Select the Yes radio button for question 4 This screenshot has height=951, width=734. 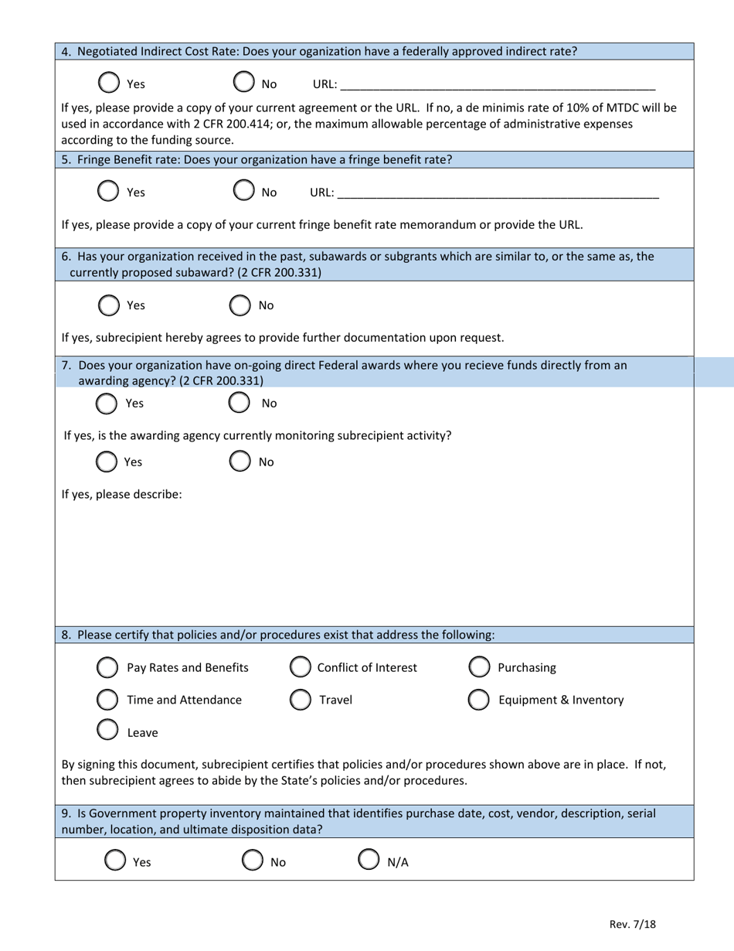(110, 82)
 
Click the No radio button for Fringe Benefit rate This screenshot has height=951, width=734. (243, 190)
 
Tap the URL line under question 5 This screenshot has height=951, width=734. (498, 193)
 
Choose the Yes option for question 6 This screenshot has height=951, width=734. (110, 305)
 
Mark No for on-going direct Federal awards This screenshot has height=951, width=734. (240, 402)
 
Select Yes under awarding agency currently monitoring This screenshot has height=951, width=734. (107, 461)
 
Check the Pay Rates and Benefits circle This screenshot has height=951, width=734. (107, 666)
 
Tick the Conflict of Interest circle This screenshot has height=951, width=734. (300, 666)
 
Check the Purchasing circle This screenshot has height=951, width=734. (478, 666)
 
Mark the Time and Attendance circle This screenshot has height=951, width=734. (107, 699)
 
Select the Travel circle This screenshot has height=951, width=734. (300, 699)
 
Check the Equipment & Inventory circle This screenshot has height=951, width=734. (478, 699)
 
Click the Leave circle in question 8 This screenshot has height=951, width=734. (107, 730)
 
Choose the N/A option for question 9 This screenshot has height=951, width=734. (369, 859)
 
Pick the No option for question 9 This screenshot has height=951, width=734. (253, 860)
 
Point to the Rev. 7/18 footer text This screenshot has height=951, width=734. (632, 924)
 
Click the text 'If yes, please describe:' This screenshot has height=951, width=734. (122, 494)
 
